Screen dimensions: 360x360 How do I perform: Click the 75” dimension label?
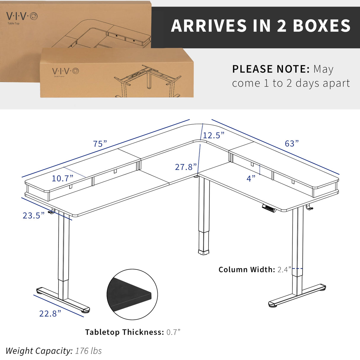pos(100,144)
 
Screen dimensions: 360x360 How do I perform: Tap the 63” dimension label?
pos(291,144)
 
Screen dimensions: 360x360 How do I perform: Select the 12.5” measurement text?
pos(214,135)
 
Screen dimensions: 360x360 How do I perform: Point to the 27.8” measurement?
pos(186,167)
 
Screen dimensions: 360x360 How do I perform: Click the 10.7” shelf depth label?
pos(62,178)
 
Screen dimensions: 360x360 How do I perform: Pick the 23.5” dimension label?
pos(34,215)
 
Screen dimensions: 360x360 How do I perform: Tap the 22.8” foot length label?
pos(50,313)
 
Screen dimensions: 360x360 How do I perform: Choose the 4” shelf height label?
pos(251,178)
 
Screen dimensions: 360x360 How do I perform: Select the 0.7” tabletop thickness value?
pos(173,332)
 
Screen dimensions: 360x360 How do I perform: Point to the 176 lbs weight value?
pos(88,351)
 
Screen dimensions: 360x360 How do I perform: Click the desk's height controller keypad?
pos(269,208)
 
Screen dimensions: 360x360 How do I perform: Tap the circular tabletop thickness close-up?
pos(132,294)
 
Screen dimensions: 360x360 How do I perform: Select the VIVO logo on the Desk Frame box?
pos(66,71)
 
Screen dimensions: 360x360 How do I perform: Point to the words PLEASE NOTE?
pos(271,69)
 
